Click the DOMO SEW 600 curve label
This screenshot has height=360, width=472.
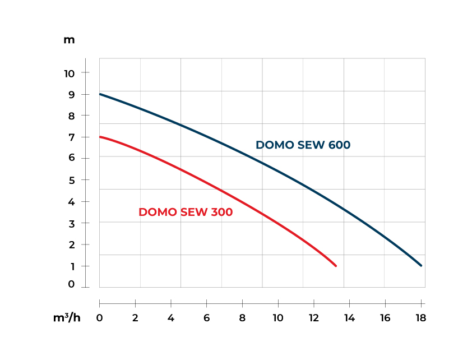point(303,145)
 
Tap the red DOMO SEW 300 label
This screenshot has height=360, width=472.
point(186,212)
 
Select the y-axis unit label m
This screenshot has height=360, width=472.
point(69,40)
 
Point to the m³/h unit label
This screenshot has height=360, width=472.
point(67,318)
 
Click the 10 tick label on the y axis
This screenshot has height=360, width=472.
point(69,73)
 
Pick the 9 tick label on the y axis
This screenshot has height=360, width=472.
point(71,94)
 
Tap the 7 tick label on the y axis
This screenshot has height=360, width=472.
point(71,137)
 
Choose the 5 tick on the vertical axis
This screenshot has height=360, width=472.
point(71,180)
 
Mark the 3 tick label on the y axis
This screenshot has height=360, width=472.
point(71,223)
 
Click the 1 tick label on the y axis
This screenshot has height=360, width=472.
point(71,266)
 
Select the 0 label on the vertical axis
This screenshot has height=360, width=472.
point(71,284)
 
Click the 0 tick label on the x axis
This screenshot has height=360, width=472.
point(100,318)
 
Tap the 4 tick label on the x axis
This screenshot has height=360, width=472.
point(171,318)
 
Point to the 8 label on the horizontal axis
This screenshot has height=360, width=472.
point(242,318)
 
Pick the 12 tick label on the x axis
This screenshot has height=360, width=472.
point(313,318)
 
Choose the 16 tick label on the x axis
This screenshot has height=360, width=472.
point(385,318)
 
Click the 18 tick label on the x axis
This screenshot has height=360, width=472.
point(420,318)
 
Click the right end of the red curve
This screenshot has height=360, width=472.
point(336,266)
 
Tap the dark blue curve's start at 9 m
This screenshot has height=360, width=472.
point(100,94)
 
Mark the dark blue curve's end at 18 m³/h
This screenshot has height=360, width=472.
point(421,266)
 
